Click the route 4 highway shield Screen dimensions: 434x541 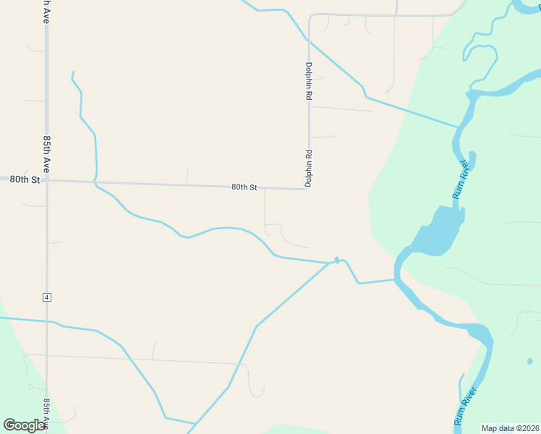pyautogui.click(x=46, y=297)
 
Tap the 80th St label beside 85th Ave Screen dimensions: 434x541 pyautogui.click(x=24, y=179)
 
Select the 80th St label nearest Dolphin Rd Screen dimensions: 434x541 pyautogui.click(x=244, y=187)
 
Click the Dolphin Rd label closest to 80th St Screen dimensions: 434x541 pyautogui.click(x=308, y=169)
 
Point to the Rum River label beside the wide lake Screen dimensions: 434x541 pyautogui.click(x=461, y=180)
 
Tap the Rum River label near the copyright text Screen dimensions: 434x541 pyautogui.click(x=466, y=407)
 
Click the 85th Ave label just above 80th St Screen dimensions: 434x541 pyautogui.click(x=46, y=153)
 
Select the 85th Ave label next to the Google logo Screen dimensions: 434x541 pyautogui.click(x=46, y=414)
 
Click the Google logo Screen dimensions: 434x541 pyautogui.click(x=24, y=425)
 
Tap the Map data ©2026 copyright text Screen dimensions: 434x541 pyautogui.click(x=510, y=428)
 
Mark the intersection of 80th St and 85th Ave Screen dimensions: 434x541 pyautogui.click(x=46, y=179)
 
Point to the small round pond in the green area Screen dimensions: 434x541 pyautogui.click(x=529, y=360)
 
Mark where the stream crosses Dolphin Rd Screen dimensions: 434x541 pyautogui.click(x=309, y=43)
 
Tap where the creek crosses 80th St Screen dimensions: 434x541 pyautogui.click(x=96, y=182)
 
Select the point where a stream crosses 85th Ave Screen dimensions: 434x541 pyautogui.click(x=48, y=320)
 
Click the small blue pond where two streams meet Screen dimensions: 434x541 pyautogui.click(x=337, y=260)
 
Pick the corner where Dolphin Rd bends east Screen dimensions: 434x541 pyautogui.click(x=310, y=15)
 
